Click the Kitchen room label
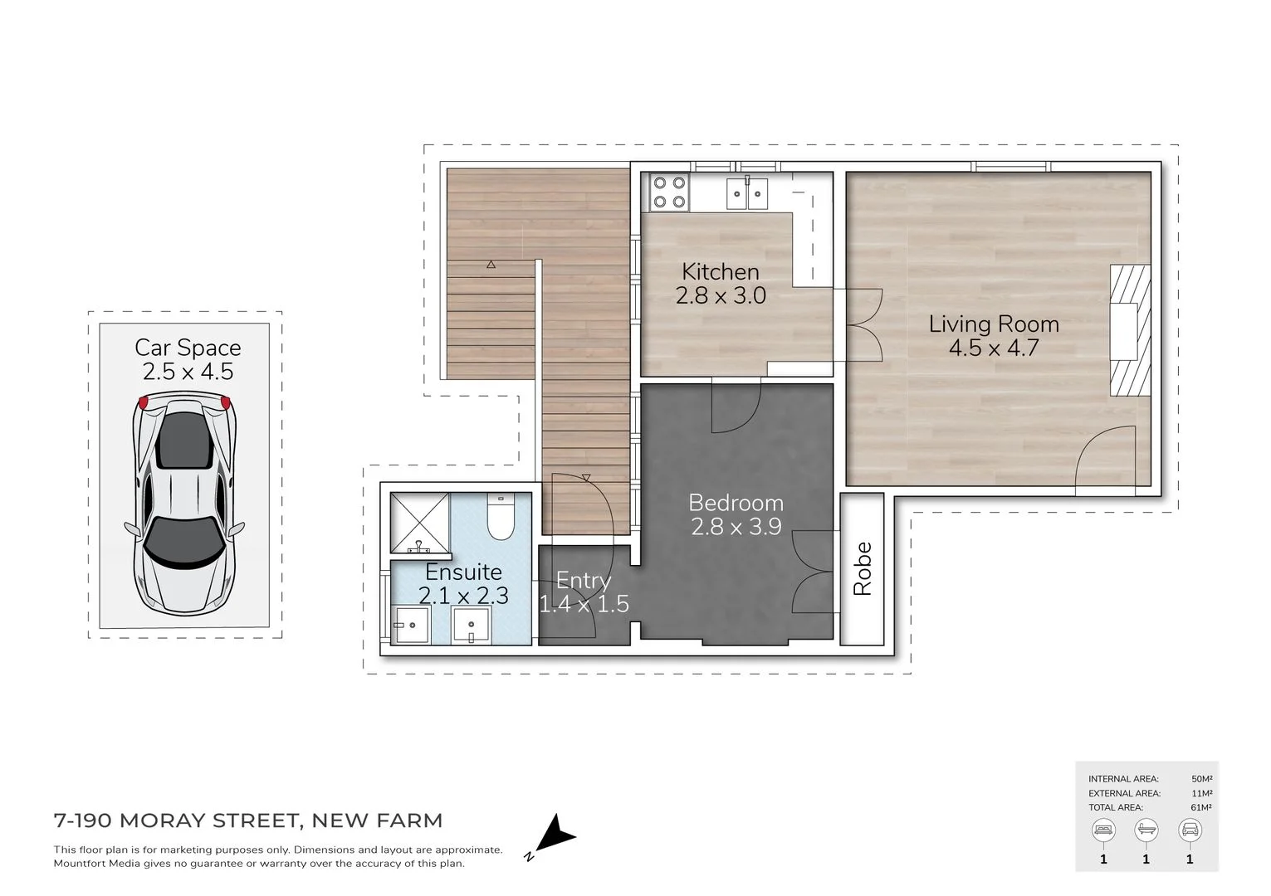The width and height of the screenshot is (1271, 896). click(x=720, y=271)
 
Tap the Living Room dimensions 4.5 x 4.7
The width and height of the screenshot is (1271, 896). click(x=993, y=348)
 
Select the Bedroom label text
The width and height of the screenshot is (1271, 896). click(x=736, y=503)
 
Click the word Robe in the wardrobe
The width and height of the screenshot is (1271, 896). click(x=863, y=569)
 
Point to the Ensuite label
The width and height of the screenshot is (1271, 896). click(x=463, y=572)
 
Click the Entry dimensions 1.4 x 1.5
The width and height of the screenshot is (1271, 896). click(x=584, y=604)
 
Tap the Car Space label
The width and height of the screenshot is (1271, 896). click(x=188, y=348)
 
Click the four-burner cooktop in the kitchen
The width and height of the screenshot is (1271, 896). click(x=668, y=192)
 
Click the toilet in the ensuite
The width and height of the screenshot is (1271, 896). click(x=500, y=518)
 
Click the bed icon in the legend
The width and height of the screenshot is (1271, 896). click(x=1103, y=830)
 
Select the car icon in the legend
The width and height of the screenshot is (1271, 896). click(x=1190, y=830)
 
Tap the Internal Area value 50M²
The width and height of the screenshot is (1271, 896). click(x=1201, y=779)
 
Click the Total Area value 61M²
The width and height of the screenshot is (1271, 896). click(x=1201, y=807)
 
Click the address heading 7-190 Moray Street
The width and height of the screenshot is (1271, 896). click(x=247, y=821)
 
